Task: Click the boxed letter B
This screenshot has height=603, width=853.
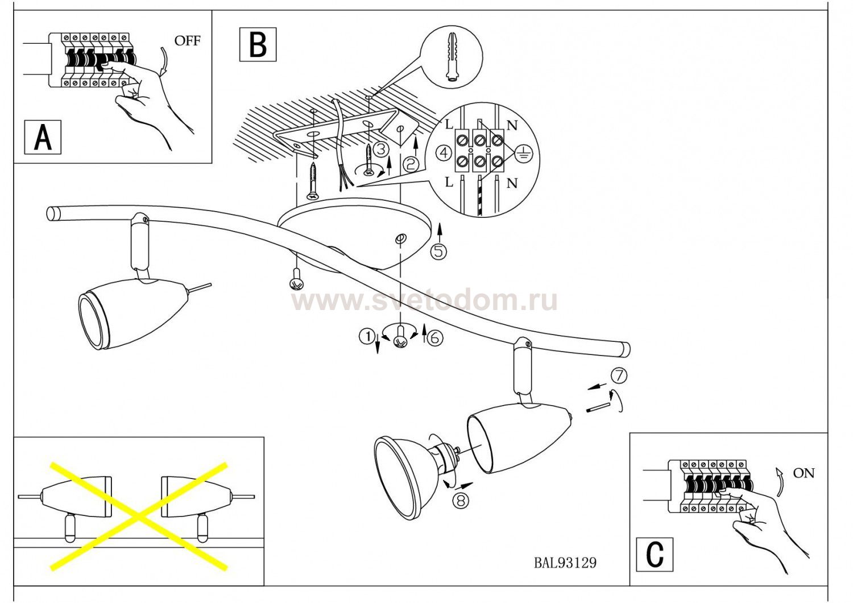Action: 258,44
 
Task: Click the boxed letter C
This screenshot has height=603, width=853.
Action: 655,554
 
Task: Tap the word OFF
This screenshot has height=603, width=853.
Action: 187,41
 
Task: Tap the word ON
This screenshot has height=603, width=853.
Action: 804,473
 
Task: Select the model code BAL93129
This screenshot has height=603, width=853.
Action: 565,563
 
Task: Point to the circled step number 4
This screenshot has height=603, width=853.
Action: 445,153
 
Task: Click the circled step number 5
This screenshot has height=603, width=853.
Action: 438,251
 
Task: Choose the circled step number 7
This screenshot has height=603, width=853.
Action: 619,375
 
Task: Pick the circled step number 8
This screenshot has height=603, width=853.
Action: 461,501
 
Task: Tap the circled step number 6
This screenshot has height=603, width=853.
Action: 434,338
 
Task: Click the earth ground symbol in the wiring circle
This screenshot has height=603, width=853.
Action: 522,152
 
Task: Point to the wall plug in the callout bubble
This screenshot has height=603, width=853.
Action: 453,57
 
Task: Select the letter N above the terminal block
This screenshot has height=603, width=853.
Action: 512,126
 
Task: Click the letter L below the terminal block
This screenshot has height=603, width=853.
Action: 449,182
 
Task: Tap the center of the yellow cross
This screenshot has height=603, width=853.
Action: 138,517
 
